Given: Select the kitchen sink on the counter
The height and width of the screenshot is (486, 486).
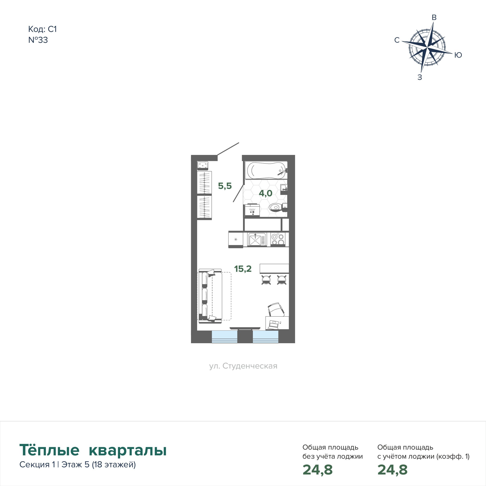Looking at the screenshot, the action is [x=256, y=239].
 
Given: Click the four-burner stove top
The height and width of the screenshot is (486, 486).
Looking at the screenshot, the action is [x=278, y=239].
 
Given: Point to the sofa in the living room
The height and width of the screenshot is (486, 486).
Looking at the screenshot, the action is [x=210, y=296].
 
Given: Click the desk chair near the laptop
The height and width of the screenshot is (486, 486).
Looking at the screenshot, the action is [x=276, y=310].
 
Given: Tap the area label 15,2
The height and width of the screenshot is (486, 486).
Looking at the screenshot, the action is [x=243, y=269].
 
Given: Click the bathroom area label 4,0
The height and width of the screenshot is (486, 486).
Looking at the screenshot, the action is [x=266, y=193].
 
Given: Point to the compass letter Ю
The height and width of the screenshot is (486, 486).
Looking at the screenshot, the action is [x=458, y=55].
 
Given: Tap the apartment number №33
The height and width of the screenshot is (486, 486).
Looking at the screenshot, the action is [x=38, y=40].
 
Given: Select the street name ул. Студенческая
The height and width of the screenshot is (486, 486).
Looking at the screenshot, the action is [x=243, y=366].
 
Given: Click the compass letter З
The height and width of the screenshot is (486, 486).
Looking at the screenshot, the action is [x=420, y=77].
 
